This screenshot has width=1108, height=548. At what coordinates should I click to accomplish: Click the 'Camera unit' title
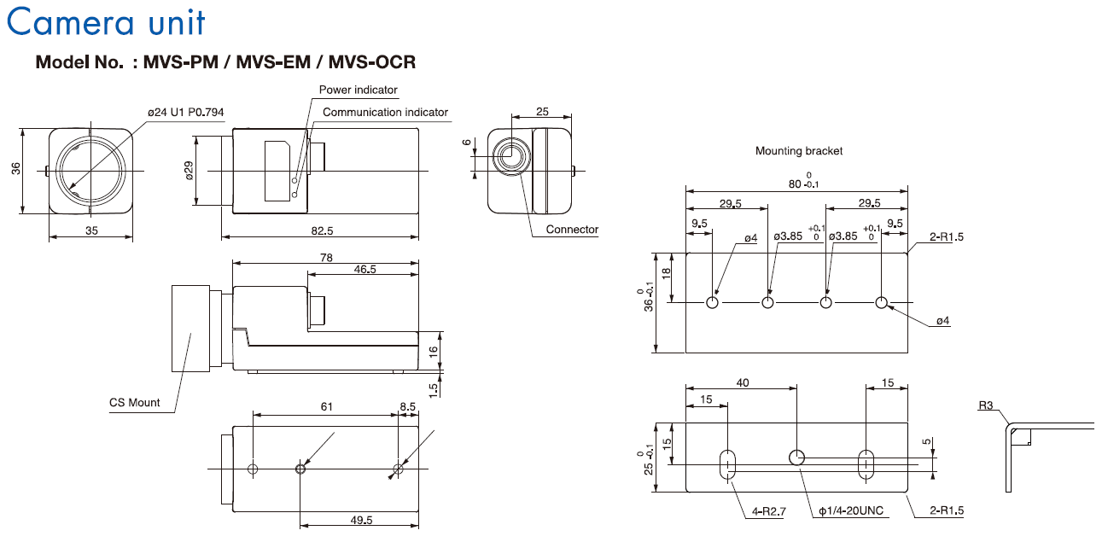point(106,21)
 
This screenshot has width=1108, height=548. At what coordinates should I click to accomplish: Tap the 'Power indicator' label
point(358,90)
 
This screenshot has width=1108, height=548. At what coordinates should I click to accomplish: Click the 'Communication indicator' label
point(385,112)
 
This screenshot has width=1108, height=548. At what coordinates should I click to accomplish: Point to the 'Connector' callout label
point(572,230)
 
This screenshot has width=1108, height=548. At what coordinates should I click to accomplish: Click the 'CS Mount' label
point(134,403)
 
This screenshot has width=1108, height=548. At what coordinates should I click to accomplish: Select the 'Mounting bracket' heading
point(798,151)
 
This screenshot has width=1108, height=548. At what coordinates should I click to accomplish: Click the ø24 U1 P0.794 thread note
point(186,112)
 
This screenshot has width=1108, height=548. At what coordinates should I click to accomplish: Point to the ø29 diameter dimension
point(190,170)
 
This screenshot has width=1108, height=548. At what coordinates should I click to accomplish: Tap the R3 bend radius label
point(986,406)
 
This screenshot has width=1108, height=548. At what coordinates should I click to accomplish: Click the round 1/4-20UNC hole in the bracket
point(796,457)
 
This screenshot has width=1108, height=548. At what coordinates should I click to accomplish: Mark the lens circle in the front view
point(90,169)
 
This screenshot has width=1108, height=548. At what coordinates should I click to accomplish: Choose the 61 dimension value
point(325,407)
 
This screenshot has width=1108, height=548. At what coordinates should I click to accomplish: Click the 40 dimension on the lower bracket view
point(742,383)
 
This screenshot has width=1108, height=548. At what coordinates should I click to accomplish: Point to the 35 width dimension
point(90,230)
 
